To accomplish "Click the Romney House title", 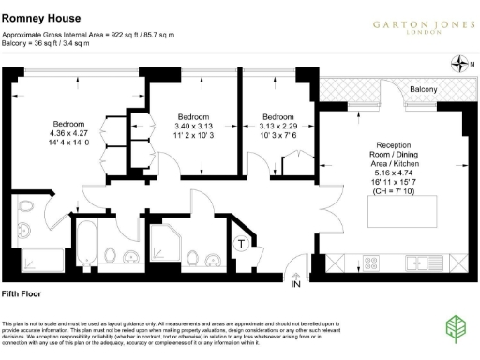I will pyautogui.click(x=40, y=18).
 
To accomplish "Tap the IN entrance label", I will pyautogui.click(x=296, y=282).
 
